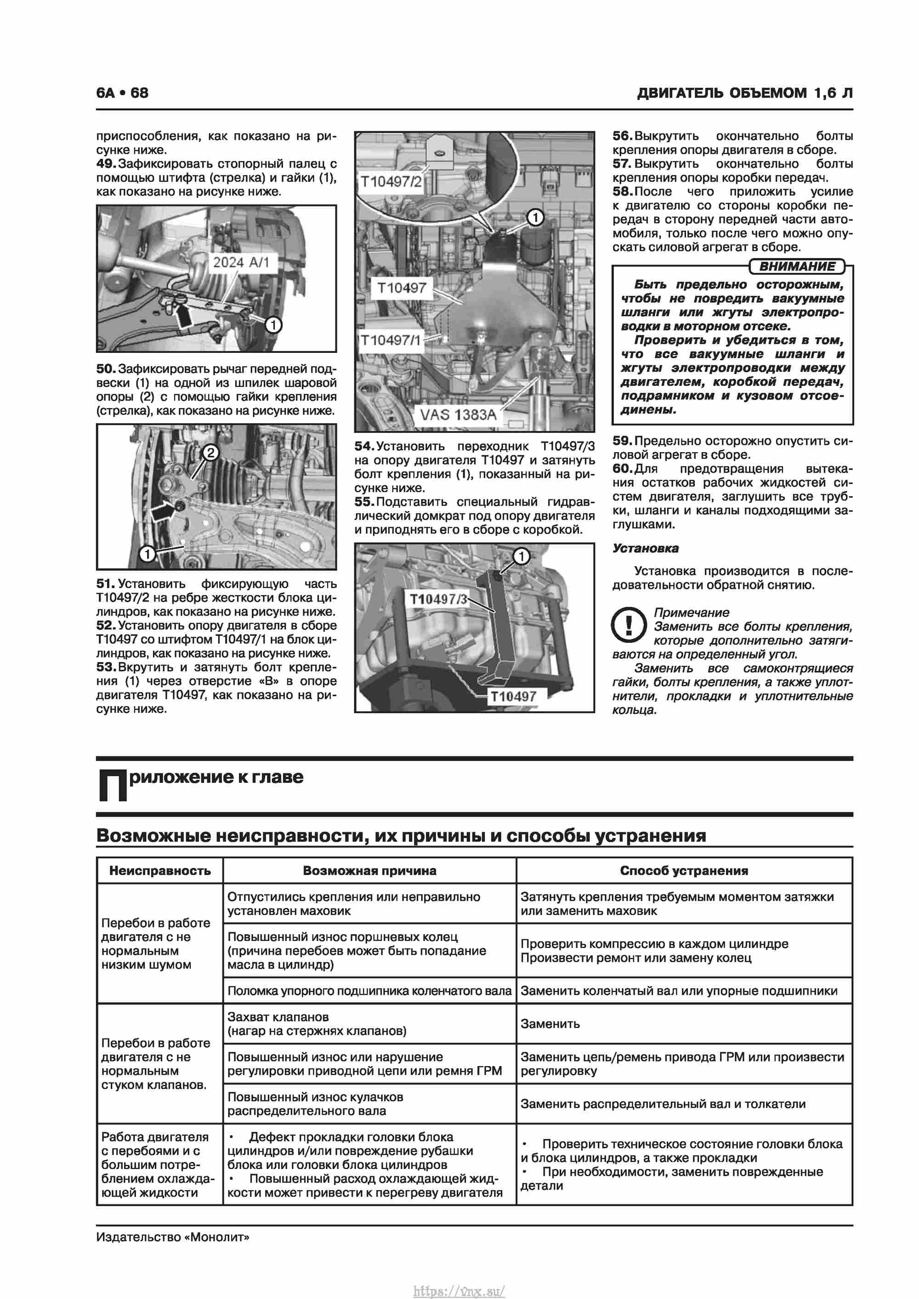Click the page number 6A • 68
click(122, 93)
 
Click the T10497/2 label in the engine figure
click(391, 182)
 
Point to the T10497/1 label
click(391, 340)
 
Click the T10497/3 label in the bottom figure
click(438, 599)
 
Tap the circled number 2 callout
click(210, 453)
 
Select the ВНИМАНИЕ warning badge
click(796, 267)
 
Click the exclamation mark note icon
click(629, 625)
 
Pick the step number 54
click(364, 446)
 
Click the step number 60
click(622, 468)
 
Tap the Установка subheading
click(645, 548)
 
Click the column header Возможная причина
click(369, 871)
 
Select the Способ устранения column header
click(684, 871)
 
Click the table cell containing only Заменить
click(550, 1024)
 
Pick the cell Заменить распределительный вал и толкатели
click(663, 1104)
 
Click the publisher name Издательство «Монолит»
click(173, 1237)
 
